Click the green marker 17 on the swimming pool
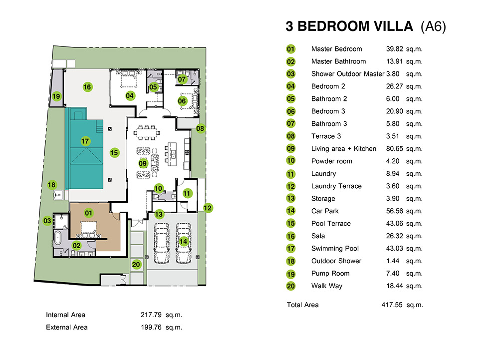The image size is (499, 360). pos(85,141)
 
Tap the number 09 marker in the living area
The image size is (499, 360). pos(143,164)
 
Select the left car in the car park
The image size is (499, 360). pos(162,244)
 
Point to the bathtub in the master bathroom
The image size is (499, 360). pos(57,238)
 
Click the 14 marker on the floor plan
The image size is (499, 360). pos(183,241)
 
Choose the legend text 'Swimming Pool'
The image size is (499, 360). pos(335,248)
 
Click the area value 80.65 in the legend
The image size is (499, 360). pos(394,149)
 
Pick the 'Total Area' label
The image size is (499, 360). pos(303,305)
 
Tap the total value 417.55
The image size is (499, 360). pos(392,305)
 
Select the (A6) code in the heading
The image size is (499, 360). pos(433,27)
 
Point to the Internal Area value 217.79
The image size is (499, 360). pos(151,315)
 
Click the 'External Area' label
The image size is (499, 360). pos(67,327)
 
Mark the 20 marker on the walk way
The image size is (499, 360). pos(136,265)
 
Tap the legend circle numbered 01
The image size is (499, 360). pos(291,49)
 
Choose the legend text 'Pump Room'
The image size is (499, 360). pos(330,274)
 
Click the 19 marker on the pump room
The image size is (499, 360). pos(56,96)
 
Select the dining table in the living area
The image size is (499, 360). pos(147,133)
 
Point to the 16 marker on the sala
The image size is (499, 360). pos(87,87)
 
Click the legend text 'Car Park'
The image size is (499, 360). pos(325,211)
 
